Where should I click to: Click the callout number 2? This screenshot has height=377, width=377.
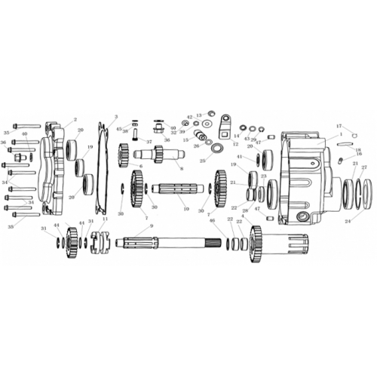pyautogui.click(x=75, y=119)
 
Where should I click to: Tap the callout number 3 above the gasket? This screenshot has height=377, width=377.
pyautogui.click(x=115, y=117)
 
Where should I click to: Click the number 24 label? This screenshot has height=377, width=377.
pyautogui.click(x=348, y=222)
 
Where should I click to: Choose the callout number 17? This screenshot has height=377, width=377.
pyautogui.click(x=339, y=126)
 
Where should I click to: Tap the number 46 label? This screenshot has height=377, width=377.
pyautogui.click(x=212, y=221)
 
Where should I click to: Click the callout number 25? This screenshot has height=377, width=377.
pyautogui.click(x=202, y=161)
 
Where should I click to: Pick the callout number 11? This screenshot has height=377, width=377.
pyautogui.click(x=105, y=219)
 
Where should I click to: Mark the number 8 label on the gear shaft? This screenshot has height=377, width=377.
pyautogui.click(x=182, y=169)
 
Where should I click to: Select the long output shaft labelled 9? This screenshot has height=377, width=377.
pyautogui.click(x=181, y=244)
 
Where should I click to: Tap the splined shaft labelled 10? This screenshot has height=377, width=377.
pyautogui.click(x=176, y=188)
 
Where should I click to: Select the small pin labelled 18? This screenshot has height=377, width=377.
pyautogui.click(x=342, y=160)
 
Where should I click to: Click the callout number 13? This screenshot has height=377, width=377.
pyautogui.click(x=199, y=115)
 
